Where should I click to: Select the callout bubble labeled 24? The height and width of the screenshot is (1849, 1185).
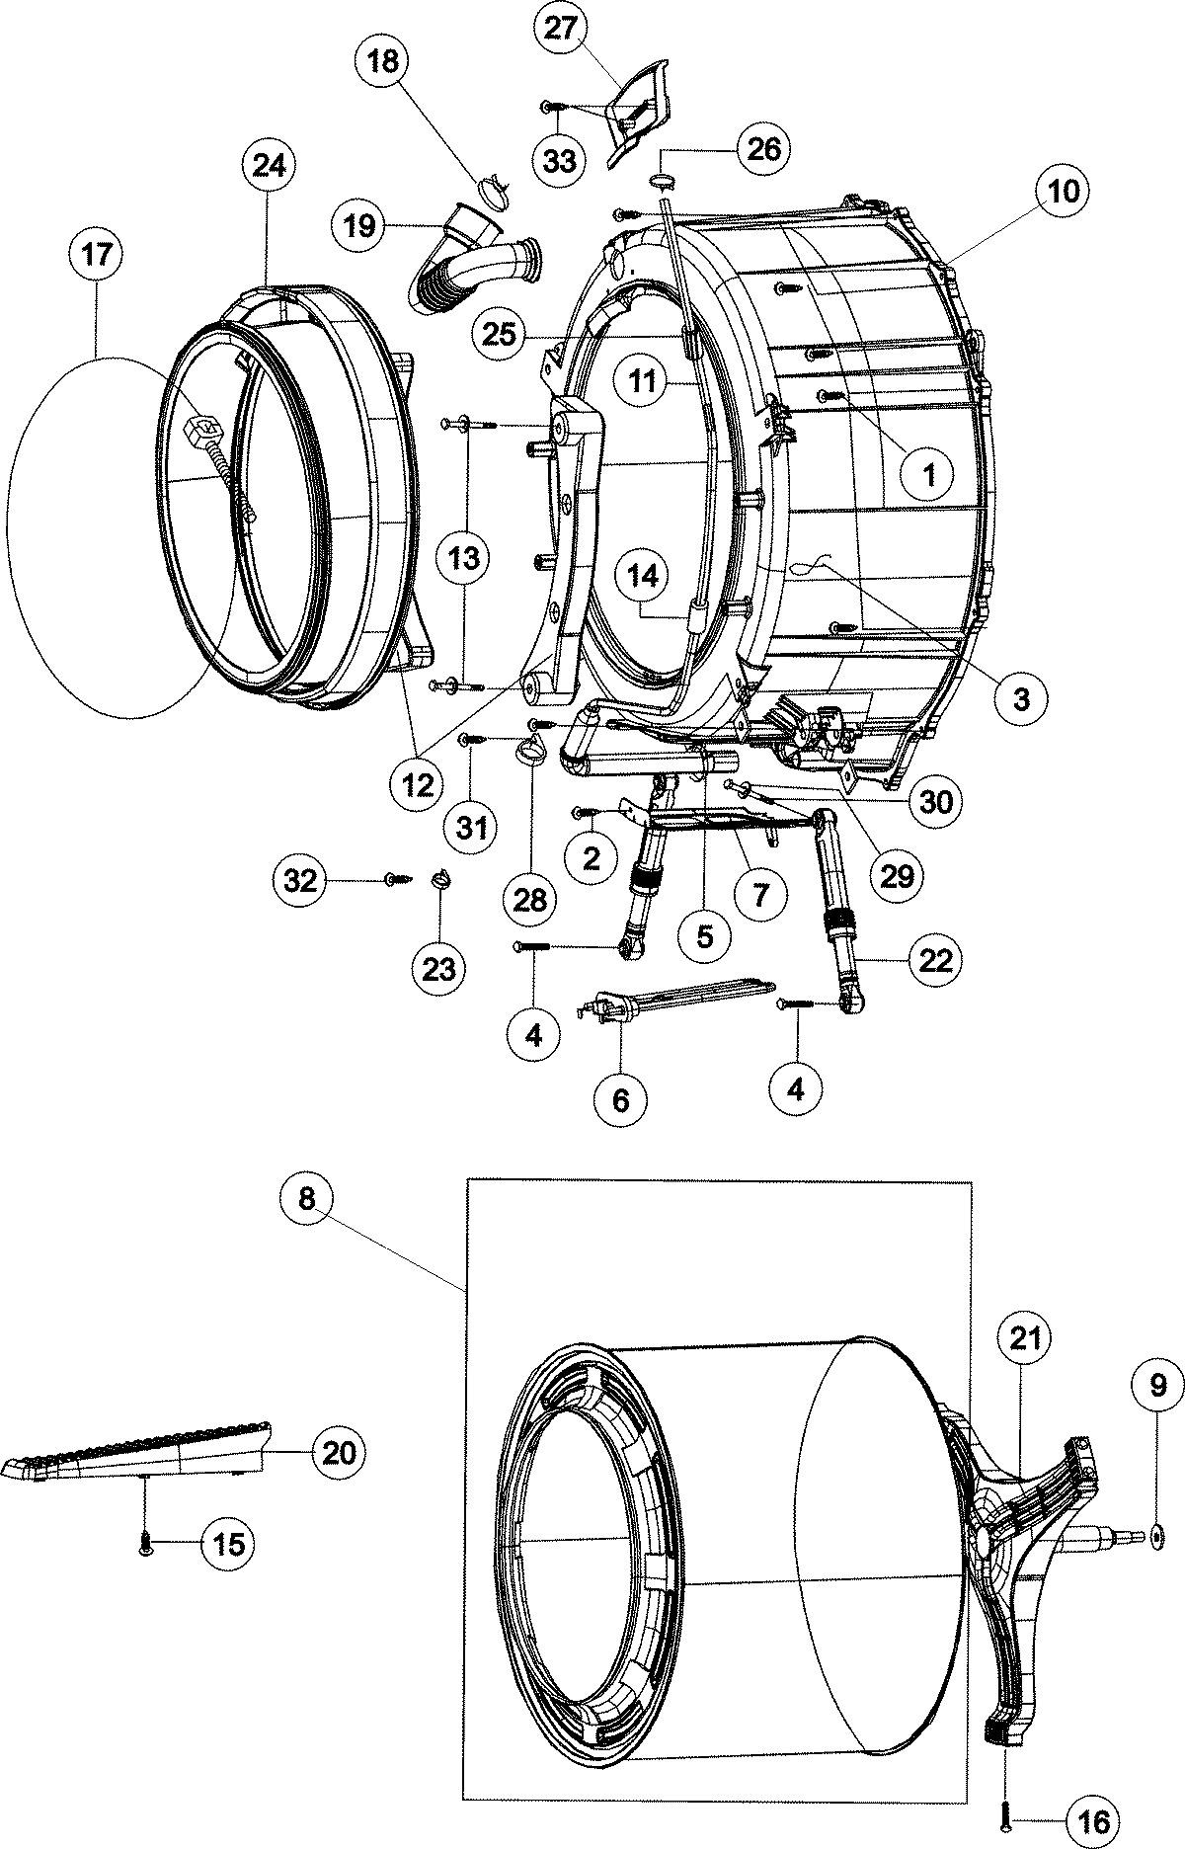pos(269,166)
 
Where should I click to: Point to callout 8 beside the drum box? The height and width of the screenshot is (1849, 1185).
pos(306,1198)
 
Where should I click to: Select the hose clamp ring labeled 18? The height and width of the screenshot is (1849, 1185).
pos(492,186)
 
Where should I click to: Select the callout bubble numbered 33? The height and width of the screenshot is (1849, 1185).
pos(559,160)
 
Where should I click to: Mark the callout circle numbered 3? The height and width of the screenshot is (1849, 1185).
pos(1020,698)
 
